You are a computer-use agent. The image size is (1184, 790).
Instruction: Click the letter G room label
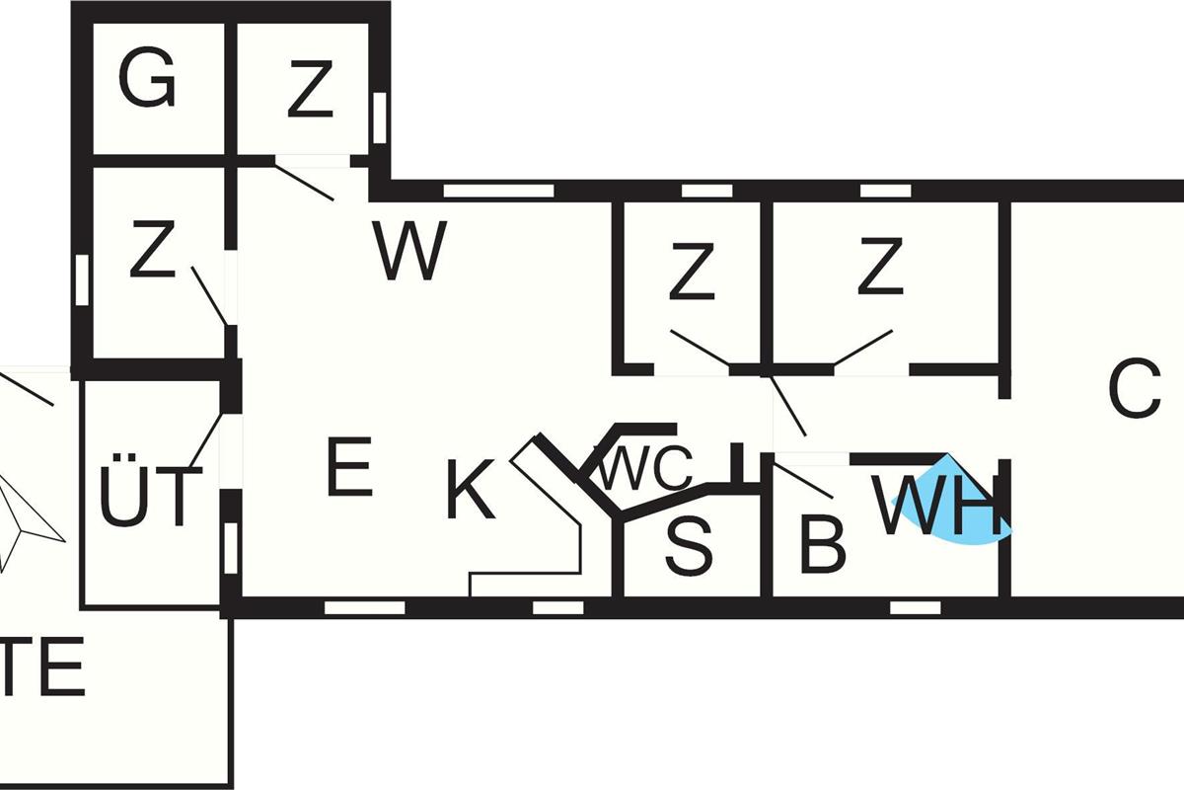click(x=147, y=81)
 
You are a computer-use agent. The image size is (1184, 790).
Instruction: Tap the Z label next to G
click(x=310, y=90)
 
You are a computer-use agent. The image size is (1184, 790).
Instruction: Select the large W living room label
click(x=410, y=251)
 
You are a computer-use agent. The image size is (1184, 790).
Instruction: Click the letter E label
click(x=349, y=469)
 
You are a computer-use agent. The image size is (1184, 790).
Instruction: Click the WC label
click(x=645, y=470)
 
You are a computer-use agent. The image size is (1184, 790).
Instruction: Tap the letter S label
click(x=688, y=546)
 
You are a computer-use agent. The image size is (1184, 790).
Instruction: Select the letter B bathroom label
click(x=822, y=544)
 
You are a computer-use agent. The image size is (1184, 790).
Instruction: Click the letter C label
click(x=1135, y=390)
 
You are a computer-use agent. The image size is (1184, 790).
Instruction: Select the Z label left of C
click(x=881, y=267)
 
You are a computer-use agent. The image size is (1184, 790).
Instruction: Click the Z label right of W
click(x=691, y=274)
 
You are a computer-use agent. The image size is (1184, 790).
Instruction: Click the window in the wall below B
click(x=914, y=607)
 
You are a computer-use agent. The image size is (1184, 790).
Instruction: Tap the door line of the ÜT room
click(x=206, y=440)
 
